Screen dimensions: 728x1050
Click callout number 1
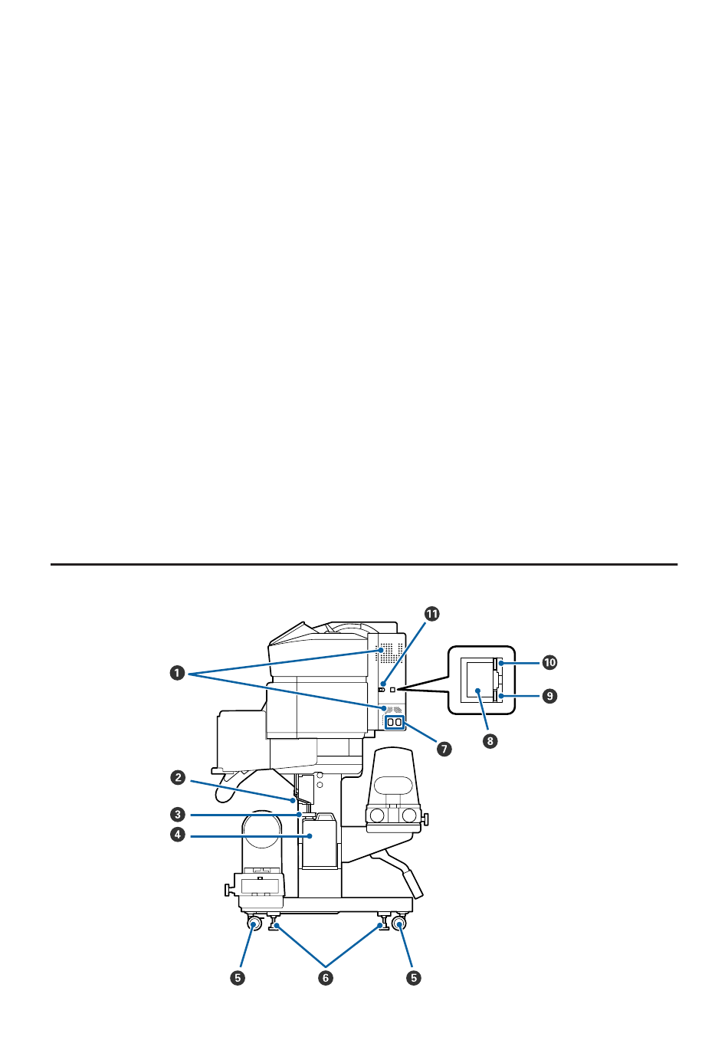click(177, 674)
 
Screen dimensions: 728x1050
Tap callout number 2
click(178, 778)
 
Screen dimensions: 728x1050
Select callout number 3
click(178, 815)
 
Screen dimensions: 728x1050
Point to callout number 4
click(178, 835)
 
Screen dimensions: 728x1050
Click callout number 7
click(444, 749)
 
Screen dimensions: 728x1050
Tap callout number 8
click(490, 741)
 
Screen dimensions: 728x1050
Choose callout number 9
click(550, 696)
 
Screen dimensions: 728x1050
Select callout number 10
click(550, 662)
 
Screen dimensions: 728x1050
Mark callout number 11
click(431, 614)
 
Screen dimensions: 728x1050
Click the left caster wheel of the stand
click(254, 924)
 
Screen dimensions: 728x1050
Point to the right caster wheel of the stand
click(399, 924)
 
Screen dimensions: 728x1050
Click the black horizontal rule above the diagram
click(364, 564)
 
